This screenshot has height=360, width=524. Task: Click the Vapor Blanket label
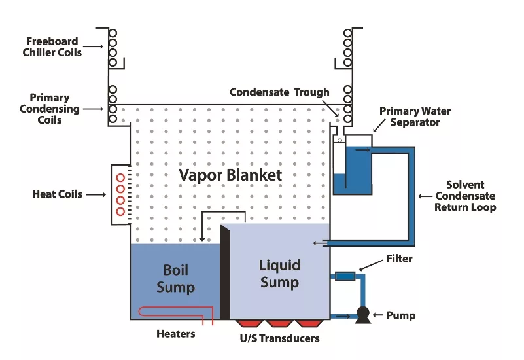click(231, 175)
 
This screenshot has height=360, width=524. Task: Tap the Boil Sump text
click(175, 279)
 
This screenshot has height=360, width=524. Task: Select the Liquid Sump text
click(279, 274)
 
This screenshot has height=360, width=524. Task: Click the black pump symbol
click(360, 315)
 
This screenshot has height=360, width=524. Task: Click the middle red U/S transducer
click(279, 323)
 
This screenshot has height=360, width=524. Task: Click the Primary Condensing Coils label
click(50, 109)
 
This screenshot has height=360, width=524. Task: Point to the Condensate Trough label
click(279, 92)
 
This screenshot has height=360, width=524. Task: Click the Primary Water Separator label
click(415, 117)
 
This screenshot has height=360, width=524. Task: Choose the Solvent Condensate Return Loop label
click(465, 196)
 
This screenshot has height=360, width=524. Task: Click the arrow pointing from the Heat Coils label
click(95, 194)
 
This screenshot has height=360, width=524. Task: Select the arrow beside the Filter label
click(370, 265)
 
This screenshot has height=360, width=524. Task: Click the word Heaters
click(175, 334)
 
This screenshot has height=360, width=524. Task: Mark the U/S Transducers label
click(279, 338)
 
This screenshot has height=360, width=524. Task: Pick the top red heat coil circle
click(120, 178)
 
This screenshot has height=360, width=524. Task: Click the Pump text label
click(400, 315)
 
